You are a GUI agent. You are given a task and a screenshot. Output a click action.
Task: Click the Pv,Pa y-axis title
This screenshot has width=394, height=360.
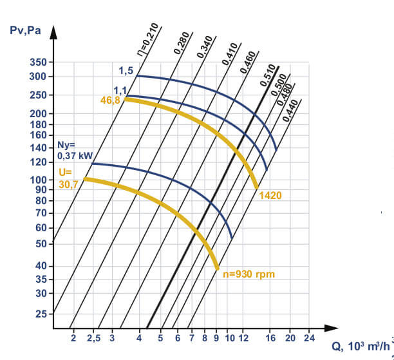pyautogui.click(x=26, y=30)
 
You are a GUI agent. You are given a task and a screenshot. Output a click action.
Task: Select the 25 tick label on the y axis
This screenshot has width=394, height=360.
pyautogui.click(x=40, y=314)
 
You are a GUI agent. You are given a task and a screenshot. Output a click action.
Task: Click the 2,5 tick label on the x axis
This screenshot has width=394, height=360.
pyautogui.click(x=93, y=337)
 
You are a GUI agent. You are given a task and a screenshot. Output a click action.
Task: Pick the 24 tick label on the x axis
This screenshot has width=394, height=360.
pyautogui.click(x=308, y=337)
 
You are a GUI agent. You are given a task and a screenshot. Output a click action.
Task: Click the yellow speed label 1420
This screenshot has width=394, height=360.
pyautogui.click(x=271, y=194)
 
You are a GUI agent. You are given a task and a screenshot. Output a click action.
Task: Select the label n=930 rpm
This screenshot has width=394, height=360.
pyautogui.click(x=249, y=274)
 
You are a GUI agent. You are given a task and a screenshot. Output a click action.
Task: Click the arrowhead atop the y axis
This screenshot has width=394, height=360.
pyautogui.click(x=54, y=32)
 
